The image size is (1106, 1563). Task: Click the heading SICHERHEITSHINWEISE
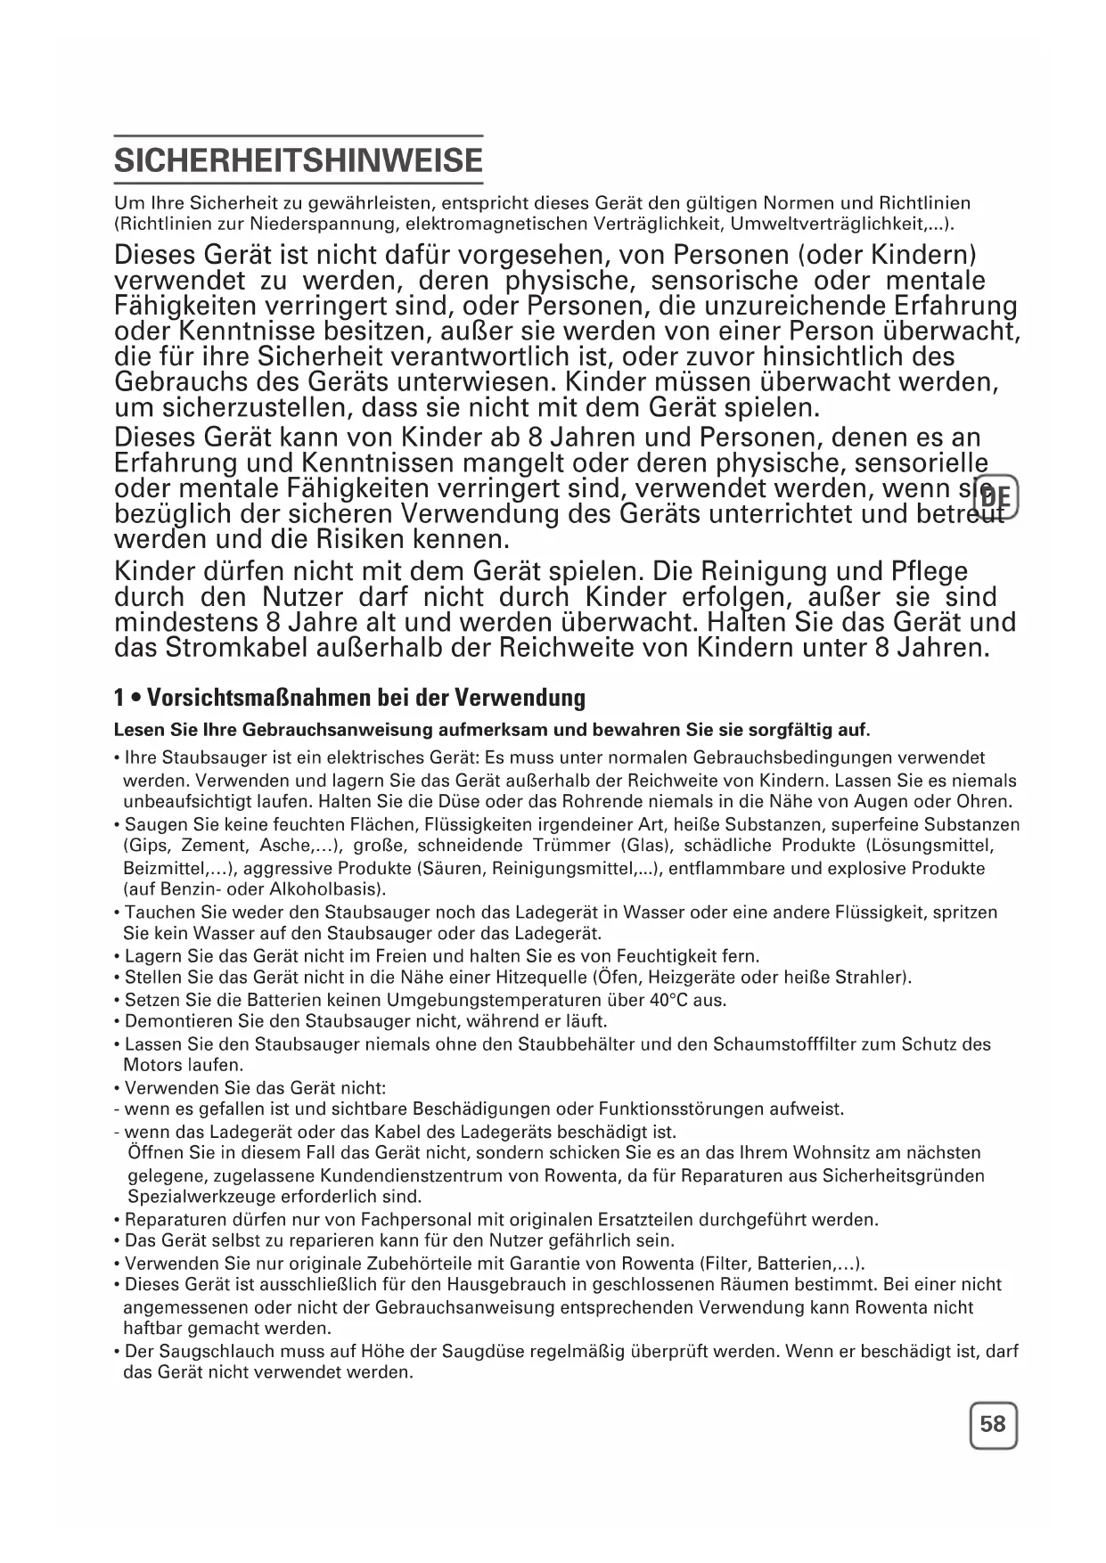tap(299, 161)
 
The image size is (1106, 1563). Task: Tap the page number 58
tap(992, 1424)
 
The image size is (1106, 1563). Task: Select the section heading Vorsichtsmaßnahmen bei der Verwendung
tap(365, 698)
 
